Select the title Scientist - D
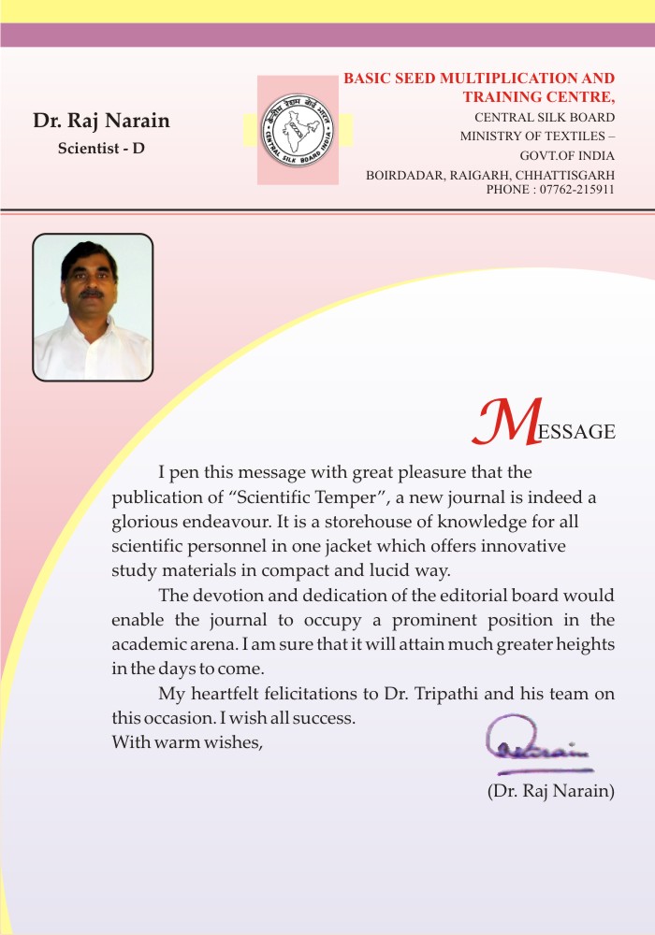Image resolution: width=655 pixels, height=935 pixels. (x=101, y=148)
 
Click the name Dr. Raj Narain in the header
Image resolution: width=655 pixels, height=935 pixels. (x=101, y=121)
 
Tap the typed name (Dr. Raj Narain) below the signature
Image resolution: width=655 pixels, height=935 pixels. (x=550, y=791)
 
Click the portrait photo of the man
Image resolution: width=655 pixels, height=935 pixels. (x=93, y=307)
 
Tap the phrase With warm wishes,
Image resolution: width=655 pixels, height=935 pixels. (x=187, y=743)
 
